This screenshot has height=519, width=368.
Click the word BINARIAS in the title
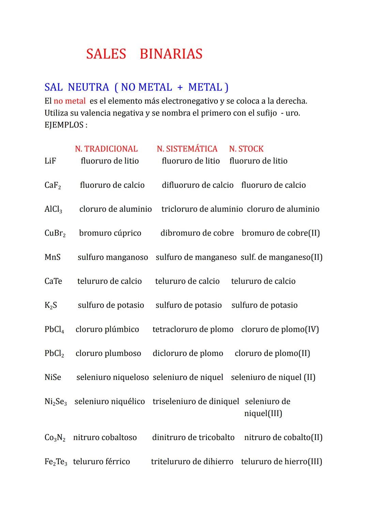[x=171, y=54]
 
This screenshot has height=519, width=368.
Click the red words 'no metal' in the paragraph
[x=70, y=101]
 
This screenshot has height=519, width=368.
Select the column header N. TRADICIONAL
[x=106, y=149]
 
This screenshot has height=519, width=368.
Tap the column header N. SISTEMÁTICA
[x=187, y=149]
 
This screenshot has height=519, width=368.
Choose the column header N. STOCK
[x=246, y=149]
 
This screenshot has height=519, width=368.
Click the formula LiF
[x=50, y=161]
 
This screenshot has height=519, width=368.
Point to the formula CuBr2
[x=55, y=233]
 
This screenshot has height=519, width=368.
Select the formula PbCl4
[x=54, y=329]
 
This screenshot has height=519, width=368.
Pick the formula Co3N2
[x=55, y=438]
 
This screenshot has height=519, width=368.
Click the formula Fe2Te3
[x=56, y=462]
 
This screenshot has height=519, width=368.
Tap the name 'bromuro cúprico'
[x=110, y=233]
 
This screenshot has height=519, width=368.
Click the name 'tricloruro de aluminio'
[x=202, y=209]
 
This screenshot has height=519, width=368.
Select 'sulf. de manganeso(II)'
[x=281, y=257]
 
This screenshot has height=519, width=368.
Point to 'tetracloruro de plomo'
[x=193, y=329]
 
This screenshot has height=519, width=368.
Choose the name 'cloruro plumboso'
[x=108, y=353]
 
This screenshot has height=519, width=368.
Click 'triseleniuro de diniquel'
[x=196, y=402]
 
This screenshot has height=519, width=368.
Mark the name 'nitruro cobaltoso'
[x=105, y=438]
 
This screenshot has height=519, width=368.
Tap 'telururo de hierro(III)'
[x=281, y=462]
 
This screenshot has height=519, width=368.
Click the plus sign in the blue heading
[x=180, y=87]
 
